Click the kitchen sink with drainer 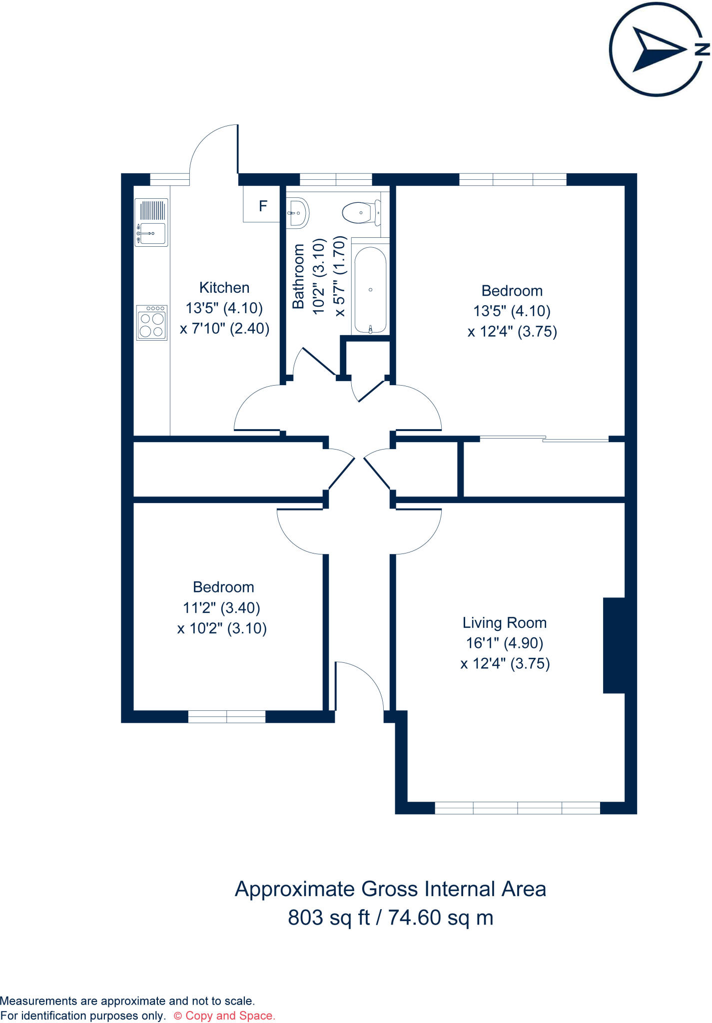click(x=151, y=222)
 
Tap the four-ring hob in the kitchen click(x=151, y=323)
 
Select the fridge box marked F click(x=262, y=205)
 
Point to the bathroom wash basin click(x=298, y=213)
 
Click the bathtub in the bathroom click(x=370, y=290)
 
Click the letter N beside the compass click(x=702, y=49)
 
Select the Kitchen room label click(x=224, y=288)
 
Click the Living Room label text click(x=505, y=623)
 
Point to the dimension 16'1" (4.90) click(x=505, y=643)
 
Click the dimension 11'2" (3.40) click(x=221, y=608)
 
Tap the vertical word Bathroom click(x=298, y=276)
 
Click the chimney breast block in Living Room click(x=614, y=645)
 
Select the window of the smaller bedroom click(x=227, y=717)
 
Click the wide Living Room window click(x=517, y=808)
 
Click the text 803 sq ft click(x=329, y=918)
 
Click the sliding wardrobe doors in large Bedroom click(x=544, y=439)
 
